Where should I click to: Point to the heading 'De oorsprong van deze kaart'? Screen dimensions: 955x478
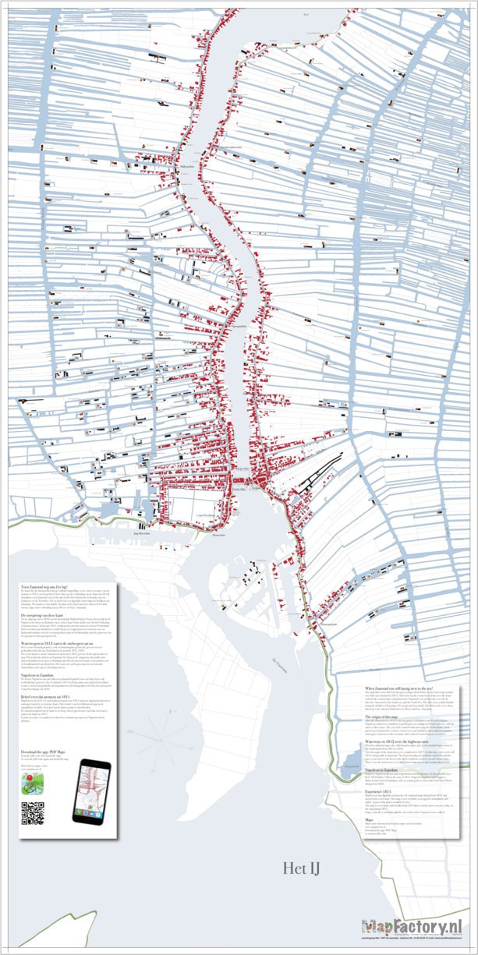click(x=48, y=614)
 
